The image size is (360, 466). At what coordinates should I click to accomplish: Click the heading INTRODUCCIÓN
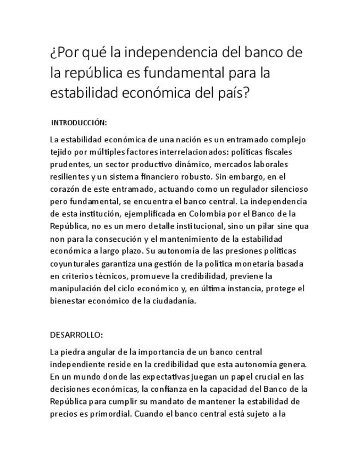pyautogui.click(x=79, y=122)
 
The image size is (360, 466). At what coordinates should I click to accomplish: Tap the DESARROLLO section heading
pyautogui.click(x=76, y=335)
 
